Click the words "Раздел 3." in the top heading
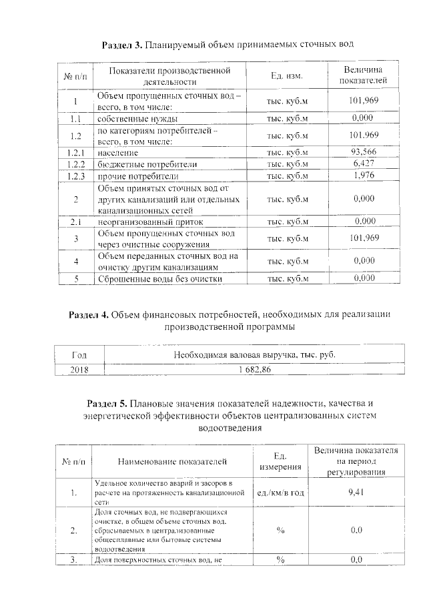pyautogui.click(x=121, y=45)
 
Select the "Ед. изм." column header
pyautogui.click(x=287, y=75)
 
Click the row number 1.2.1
pyautogui.click(x=76, y=152)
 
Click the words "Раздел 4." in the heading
pyautogui.click(x=89, y=314)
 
